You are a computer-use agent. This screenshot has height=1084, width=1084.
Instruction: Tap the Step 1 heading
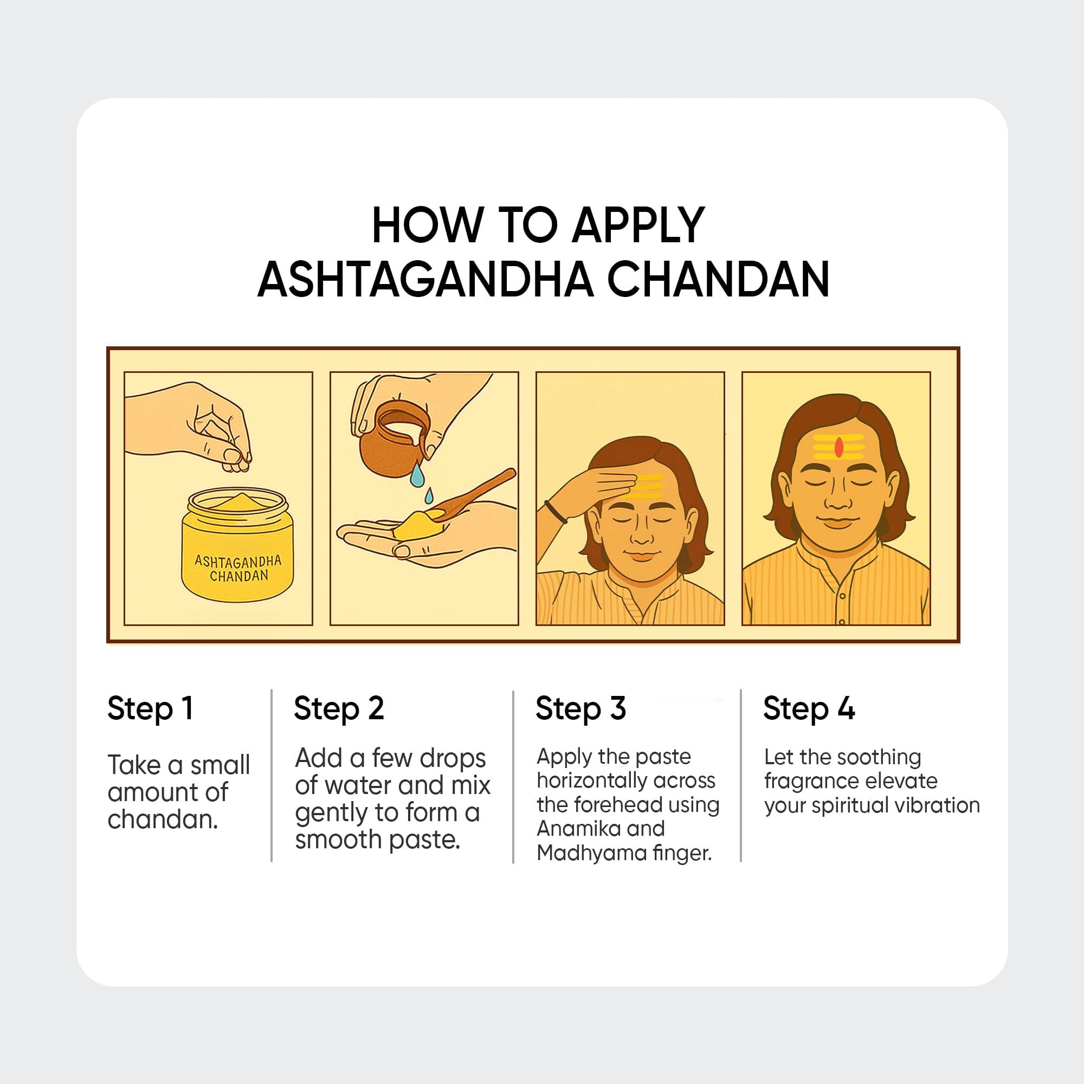pos(150,708)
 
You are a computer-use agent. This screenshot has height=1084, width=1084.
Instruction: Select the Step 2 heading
pos(339,708)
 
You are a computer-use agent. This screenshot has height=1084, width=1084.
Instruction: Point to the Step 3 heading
pos(580,708)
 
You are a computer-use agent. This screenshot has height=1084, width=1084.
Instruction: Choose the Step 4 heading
pos(809,708)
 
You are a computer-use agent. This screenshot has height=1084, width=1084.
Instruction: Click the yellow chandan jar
pos(237,544)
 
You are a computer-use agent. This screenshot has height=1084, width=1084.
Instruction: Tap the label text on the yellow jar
pos(238,568)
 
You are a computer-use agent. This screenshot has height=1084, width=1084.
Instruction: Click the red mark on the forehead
pos(839,447)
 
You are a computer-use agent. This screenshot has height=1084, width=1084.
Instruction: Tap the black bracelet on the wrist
pos(557,512)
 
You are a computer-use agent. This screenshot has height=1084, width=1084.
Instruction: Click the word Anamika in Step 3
pos(581,828)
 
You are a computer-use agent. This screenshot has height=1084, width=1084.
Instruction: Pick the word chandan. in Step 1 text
pos(163,820)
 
